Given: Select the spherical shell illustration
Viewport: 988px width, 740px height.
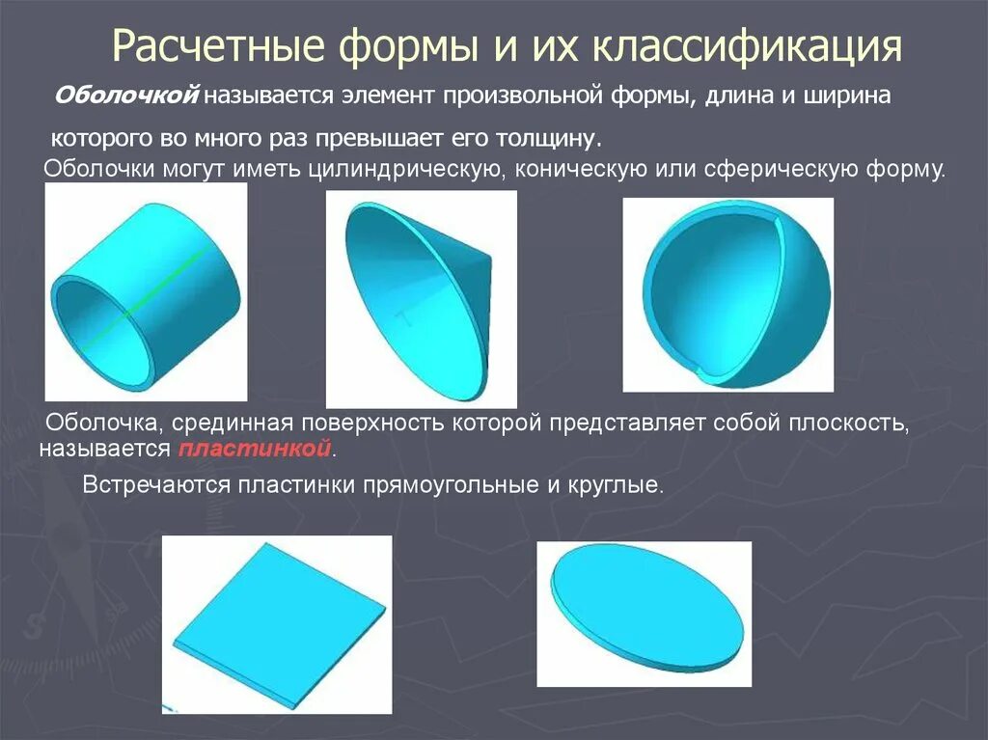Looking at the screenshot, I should tap(727, 295).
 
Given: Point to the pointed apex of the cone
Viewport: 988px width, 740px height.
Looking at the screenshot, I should tap(489, 259).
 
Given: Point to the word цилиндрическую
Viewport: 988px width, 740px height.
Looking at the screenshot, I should tap(402, 171).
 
